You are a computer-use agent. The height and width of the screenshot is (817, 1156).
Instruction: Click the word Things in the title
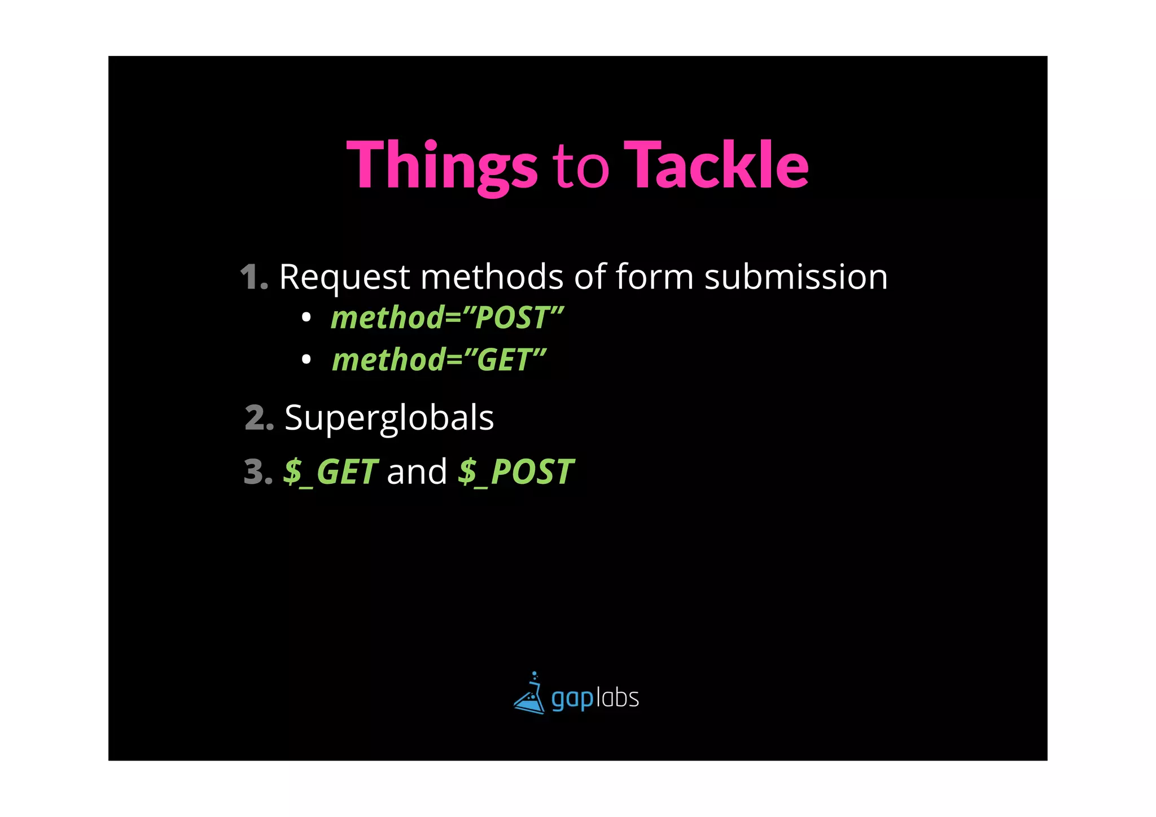click(x=442, y=165)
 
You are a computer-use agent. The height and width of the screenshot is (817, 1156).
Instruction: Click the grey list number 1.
click(x=253, y=277)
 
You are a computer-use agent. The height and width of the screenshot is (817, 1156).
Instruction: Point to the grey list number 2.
click(x=259, y=418)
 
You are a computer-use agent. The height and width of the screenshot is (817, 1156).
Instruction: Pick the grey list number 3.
click(x=257, y=472)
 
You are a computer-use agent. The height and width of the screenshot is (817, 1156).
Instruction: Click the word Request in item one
click(x=344, y=277)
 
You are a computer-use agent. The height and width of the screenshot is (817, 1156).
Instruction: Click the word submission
click(x=796, y=277)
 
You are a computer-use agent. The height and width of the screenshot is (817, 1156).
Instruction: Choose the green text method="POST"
click(x=447, y=317)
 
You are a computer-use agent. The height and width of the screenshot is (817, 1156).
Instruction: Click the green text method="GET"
click(x=439, y=360)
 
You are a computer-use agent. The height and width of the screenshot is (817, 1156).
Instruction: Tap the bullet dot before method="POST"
click(x=306, y=318)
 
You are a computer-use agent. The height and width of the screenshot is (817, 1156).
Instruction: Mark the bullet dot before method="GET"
click(x=306, y=359)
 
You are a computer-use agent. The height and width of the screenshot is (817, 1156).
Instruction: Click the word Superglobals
click(x=389, y=418)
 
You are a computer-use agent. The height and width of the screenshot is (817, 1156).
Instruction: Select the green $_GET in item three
click(x=330, y=472)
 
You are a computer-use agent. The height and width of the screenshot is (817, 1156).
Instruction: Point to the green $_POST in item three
click(x=516, y=472)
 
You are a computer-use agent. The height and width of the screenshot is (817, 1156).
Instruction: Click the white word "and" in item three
click(x=417, y=472)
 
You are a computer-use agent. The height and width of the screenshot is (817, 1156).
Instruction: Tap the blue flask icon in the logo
click(x=529, y=694)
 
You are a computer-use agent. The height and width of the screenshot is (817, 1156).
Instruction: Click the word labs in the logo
click(x=618, y=698)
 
